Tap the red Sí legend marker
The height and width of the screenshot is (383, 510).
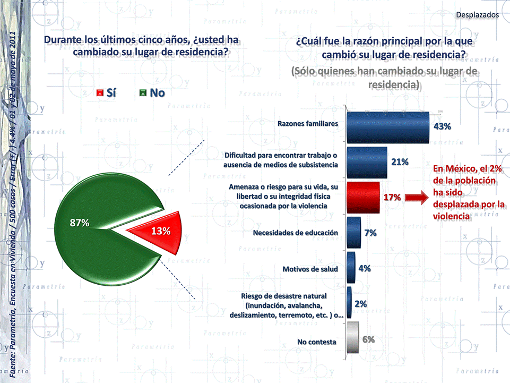pos(99,93)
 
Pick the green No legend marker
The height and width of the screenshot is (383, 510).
pos(142,93)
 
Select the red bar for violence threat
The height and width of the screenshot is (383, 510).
pos(362,197)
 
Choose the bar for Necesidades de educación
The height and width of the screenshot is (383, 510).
pos(353,233)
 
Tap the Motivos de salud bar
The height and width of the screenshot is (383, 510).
pos(350,268)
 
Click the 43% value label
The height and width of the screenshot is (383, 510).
pos(442,126)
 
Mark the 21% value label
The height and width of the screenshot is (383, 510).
pos(400,162)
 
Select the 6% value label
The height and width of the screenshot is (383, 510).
pos(369,339)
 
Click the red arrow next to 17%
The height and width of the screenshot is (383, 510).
pos(416,198)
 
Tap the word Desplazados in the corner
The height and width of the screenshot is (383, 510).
pos(477,15)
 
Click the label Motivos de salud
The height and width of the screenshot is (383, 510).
pos(310,269)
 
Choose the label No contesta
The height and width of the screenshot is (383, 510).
pos(316,342)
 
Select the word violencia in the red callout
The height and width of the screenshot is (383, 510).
pos(452,216)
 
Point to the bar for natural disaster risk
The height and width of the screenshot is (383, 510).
pos(349,303)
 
